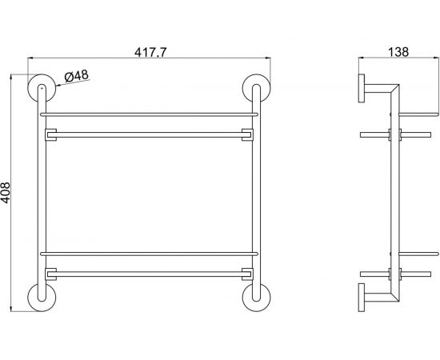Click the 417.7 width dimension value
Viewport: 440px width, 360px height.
148,50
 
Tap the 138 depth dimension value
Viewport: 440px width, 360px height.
398,50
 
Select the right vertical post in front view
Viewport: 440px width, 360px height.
255,192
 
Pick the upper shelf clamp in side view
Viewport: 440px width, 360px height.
393,134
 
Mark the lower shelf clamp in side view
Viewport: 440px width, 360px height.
393,274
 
